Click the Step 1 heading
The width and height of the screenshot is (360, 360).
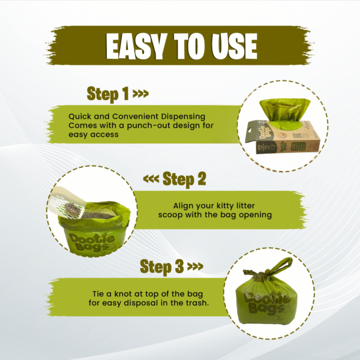point(107,94)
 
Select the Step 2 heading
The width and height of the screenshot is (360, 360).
point(184,179)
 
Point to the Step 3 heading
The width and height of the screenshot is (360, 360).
point(161,267)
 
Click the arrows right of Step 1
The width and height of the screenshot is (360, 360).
point(141,94)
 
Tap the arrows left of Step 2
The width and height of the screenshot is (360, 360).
point(151,179)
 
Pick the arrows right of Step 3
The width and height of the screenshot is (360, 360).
point(196,266)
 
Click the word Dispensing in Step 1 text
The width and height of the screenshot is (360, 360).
point(183,117)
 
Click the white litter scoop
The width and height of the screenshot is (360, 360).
point(67,202)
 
